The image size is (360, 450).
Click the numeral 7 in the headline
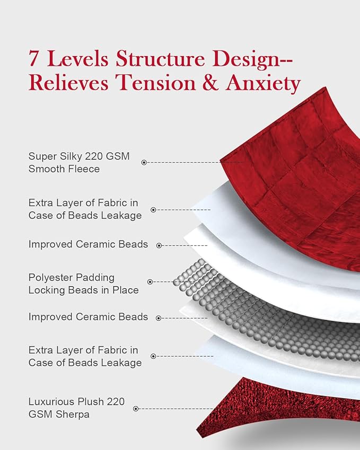click(33, 58)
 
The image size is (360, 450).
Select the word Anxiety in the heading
click(263, 84)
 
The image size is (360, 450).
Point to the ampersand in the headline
click(210, 83)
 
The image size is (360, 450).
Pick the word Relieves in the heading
click(68, 83)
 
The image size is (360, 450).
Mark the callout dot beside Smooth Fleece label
click(144, 162)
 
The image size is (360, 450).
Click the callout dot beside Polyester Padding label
click(150, 282)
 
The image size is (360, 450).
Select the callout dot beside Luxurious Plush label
click(136, 408)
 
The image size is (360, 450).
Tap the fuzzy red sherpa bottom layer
click(276, 408)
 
